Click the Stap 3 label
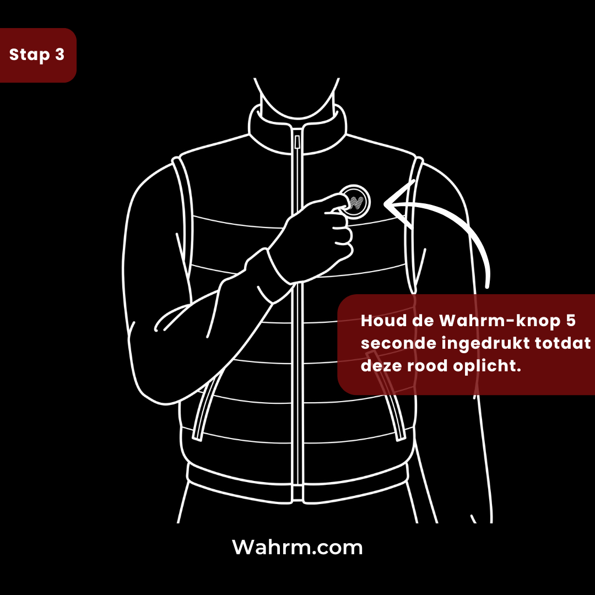(x=37, y=55)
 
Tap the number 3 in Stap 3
(x=59, y=55)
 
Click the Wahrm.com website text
(x=297, y=548)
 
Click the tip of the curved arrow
(x=387, y=205)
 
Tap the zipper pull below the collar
(x=297, y=142)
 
